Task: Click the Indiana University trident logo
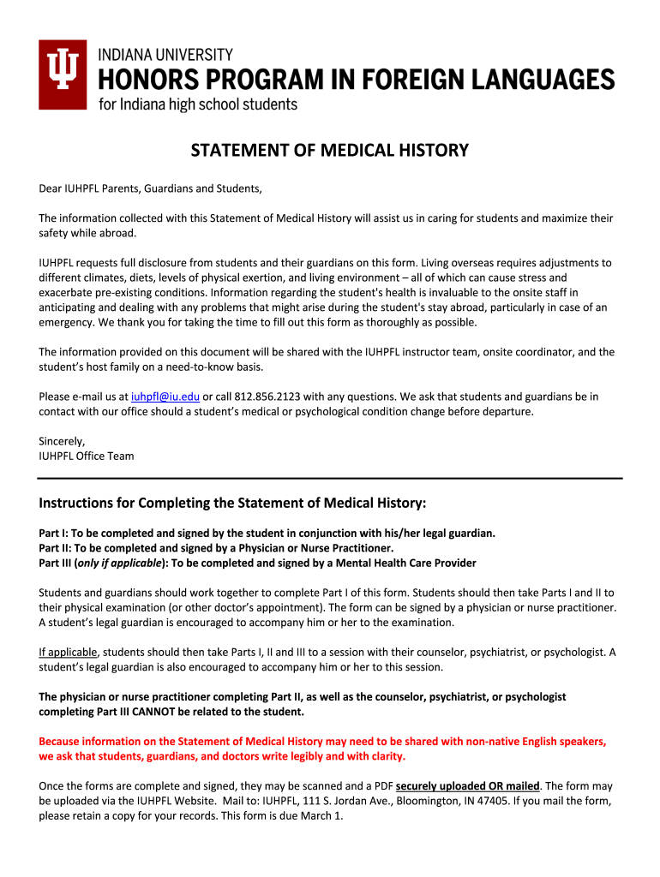click(x=63, y=75)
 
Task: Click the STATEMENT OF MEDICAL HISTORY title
click(x=329, y=152)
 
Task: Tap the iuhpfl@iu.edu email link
click(x=165, y=397)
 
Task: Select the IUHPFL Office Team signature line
click(x=87, y=456)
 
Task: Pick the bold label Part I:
click(x=54, y=533)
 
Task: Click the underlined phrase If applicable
click(x=69, y=652)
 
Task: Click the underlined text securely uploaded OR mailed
click(x=468, y=785)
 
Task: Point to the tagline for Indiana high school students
click(x=198, y=104)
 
